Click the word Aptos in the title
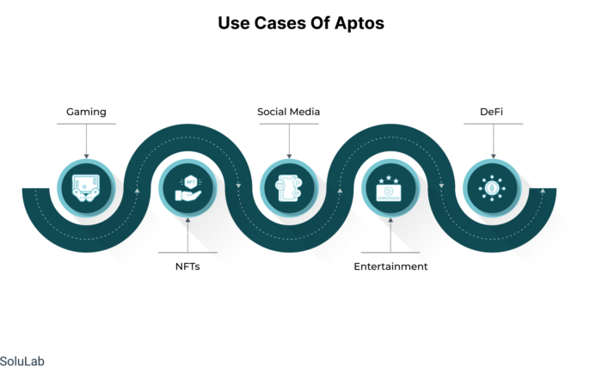click(359, 23)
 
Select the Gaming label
click(86, 112)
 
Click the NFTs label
click(187, 266)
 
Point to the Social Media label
click(289, 112)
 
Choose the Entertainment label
click(390, 266)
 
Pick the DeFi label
click(491, 112)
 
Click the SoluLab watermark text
click(21, 361)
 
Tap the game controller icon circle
click(86, 188)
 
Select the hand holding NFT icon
click(188, 188)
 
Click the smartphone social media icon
click(289, 188)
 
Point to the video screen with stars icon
click(390, 189)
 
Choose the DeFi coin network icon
click(492, 188)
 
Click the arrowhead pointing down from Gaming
click(86, 156)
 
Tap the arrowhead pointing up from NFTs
click(187, 220)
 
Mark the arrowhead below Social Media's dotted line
click(289, 156)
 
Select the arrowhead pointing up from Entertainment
click(390, 220)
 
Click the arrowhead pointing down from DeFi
click(494, 156)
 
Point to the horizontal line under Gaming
click(86, 124)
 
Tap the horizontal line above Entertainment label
click(390, 253)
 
